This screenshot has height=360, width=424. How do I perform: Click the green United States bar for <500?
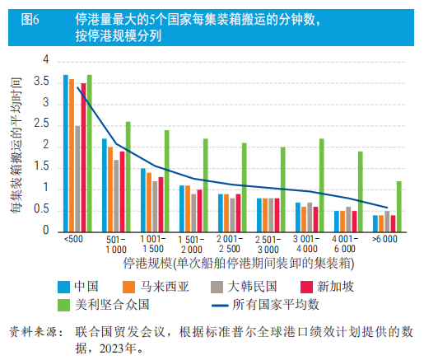click(89, 153)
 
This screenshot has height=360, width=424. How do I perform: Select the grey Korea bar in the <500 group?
click(77, 178)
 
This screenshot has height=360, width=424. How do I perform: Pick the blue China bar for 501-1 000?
click(105, 185)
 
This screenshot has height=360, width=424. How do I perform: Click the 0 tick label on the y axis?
click(46, 231)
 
